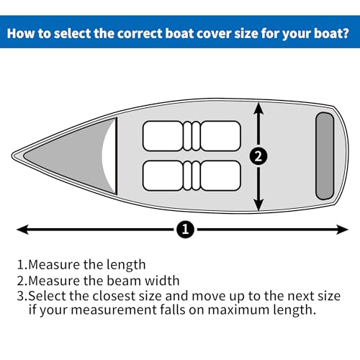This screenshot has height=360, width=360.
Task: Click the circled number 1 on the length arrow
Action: [x=185, y=230]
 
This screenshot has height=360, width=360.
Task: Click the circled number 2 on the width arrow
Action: [x=258, y=154]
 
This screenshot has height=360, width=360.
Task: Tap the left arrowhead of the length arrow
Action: [x=22, y=230]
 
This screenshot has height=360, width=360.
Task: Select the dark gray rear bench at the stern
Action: [x=325, y=155]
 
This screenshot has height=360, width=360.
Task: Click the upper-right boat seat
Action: [x=219, y=135]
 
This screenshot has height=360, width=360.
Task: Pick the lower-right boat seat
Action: [x=219, y=174]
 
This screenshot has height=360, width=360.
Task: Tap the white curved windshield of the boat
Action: [x=110, y=154]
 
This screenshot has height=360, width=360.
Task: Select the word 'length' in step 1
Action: [x=126, y=264]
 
